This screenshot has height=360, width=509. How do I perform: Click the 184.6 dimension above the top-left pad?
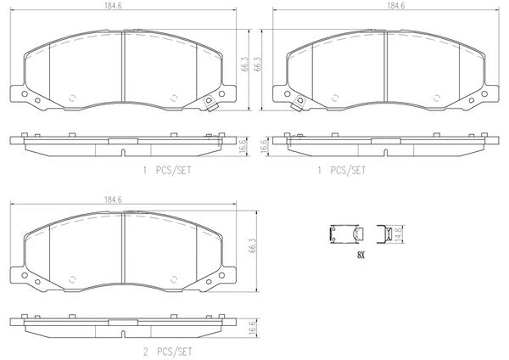coord(113,6)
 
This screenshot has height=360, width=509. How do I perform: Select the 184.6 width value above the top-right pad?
coord(396,6)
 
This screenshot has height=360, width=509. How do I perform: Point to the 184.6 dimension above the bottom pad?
coord(113,200)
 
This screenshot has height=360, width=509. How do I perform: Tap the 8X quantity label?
coord(361,255)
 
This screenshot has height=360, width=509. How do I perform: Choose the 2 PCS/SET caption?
coord(167,352)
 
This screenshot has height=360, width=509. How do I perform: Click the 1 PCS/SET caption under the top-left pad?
coord(167,171)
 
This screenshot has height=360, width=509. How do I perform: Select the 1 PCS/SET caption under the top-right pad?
coord(342,171)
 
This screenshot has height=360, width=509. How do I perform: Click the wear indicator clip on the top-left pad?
coord(210,104)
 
